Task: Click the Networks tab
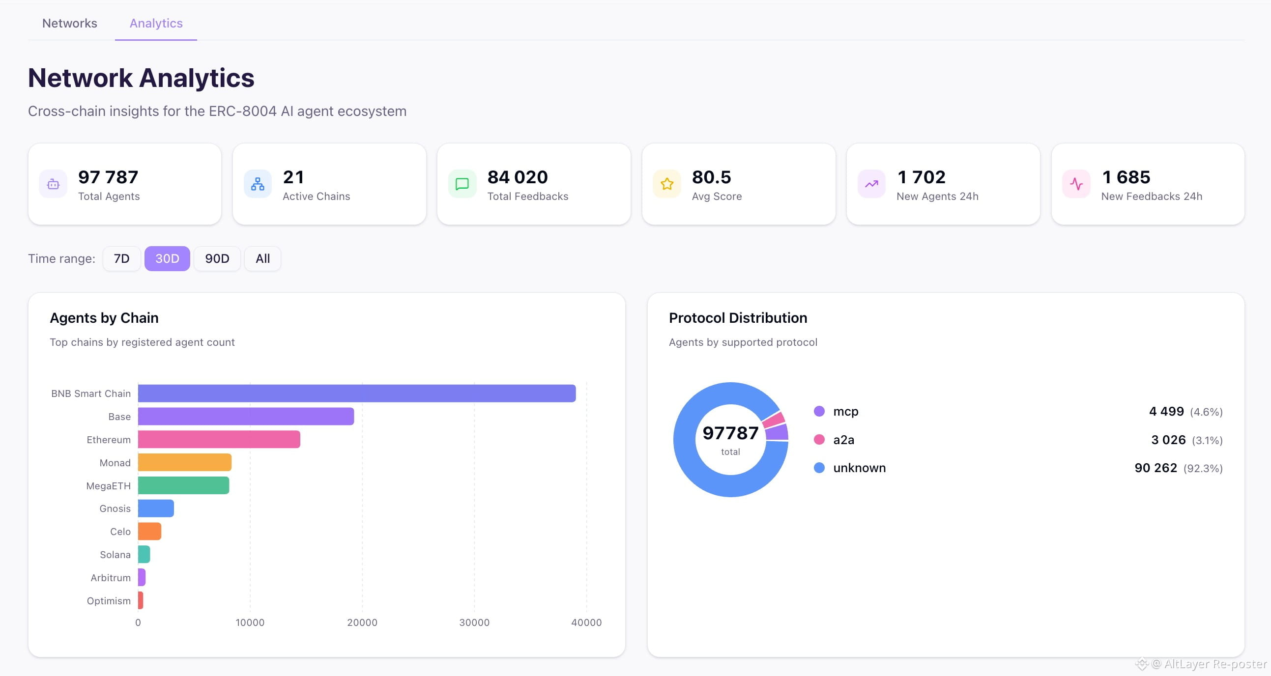pyautogui.click(x=70, y=23)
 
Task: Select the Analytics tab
pyautogui.click(x=156, y=23)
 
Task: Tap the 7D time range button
pyautogui.click(x=121, y=258)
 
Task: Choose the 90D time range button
pyautogui.click(x=217, y=258)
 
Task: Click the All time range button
pyautogui.click(x=262, y=258)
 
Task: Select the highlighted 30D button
pyautogui.click(x=167, y=258)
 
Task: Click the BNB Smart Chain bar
pyautogui.click(x=357, y=394)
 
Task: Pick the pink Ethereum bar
pyautogui.click(x=219, y=439)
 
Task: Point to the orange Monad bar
pyautogui.click(x=184, y=462)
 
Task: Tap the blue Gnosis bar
pyautogui.click(x=156, y=508)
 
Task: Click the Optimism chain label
pyautogui.click(x=109, y=600)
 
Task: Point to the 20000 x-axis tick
pyautogui.click(x=362, y=622)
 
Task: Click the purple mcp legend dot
pyautogui.click(x=819, y=411)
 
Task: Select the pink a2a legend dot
pyautogui.click(x=819, y=439)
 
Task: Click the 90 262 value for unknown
pyautogui.click(x=1155, y=467)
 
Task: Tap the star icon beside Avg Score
pyautogui.click(x=667, y=184)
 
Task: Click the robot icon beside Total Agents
pyautogui.click(x=53, y=184)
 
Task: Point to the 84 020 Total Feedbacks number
pyautogui.click(x=518, y=177)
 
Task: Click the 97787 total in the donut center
pyautogui.click(x=730, y=433)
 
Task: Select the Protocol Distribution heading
pyautogui.click(x=738, y=318)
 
